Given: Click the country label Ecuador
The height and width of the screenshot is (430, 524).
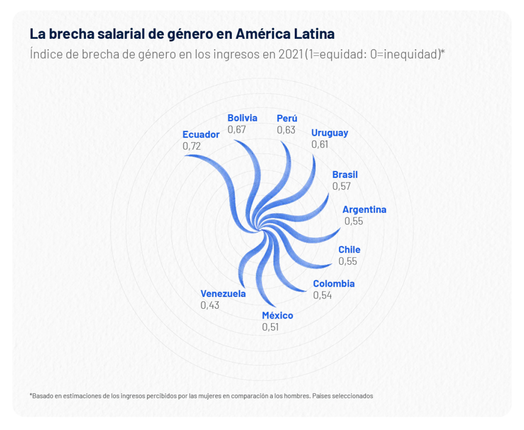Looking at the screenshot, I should click(x=201, y=134).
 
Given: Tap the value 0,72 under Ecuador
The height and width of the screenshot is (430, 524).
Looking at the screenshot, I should click(x=191, y=146).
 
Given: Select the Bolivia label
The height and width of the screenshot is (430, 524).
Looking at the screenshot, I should click(x=242, y=118).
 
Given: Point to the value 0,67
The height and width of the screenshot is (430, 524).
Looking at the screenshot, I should click(x=237, y=129).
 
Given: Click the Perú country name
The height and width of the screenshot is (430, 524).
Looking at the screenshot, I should click(x=287, y=119).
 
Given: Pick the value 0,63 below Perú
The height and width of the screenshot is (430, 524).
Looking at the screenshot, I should click(x=286, y=130).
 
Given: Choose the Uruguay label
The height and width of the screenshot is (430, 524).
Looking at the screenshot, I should click(x=330, y=133).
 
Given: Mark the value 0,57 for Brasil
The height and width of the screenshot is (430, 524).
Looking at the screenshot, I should click(x=341, y=186).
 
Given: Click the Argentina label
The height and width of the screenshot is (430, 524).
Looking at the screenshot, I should click(x=364, y=210).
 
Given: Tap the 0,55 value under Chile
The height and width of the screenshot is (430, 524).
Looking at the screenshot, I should click(x=347, y=261).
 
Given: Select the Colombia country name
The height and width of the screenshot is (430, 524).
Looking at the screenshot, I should click(x=334, y=284).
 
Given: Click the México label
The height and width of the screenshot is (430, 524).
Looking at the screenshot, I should click(x=277, y=315).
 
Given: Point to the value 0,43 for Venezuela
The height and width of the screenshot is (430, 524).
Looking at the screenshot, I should click(x=210, y=305).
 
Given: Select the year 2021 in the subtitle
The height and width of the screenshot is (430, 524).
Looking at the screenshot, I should click(x=291, y=54).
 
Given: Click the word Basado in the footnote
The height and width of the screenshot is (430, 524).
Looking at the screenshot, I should click(x=42, y=396).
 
